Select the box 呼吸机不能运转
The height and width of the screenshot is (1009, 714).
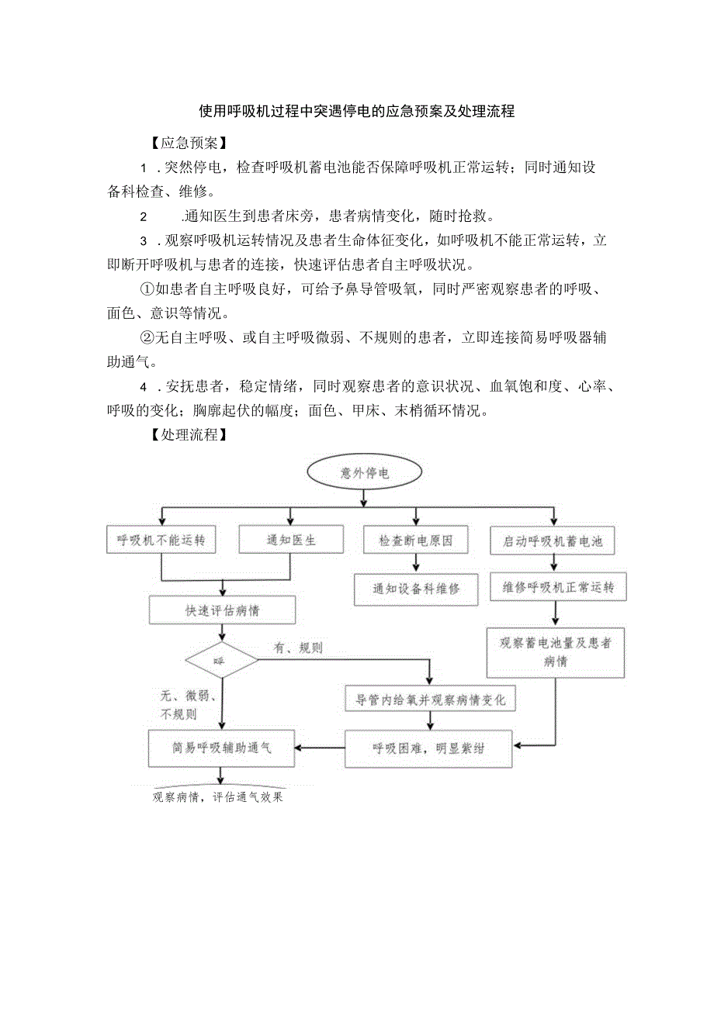click(161, 541)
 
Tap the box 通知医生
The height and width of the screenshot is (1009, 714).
click(291, 541)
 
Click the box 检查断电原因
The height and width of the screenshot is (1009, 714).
click(415, 541)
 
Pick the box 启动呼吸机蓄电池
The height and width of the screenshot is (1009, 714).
click(553, 541)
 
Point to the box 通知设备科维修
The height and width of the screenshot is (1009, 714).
click(416, 589)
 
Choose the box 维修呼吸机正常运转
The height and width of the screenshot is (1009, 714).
click(553, 588)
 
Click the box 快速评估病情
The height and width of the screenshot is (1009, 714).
click(222, 610)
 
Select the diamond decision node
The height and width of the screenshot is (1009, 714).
click(221, 661)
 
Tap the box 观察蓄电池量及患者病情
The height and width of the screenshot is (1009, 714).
click(555, 652)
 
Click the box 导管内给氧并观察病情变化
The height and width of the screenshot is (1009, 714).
click(430, 700)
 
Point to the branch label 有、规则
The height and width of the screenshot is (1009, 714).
click(298, 648)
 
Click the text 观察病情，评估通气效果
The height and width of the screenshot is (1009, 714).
click(217, 796)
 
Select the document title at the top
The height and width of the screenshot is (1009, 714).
click(357, 111)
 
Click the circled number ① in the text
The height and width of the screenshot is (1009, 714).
click(147, 289)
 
